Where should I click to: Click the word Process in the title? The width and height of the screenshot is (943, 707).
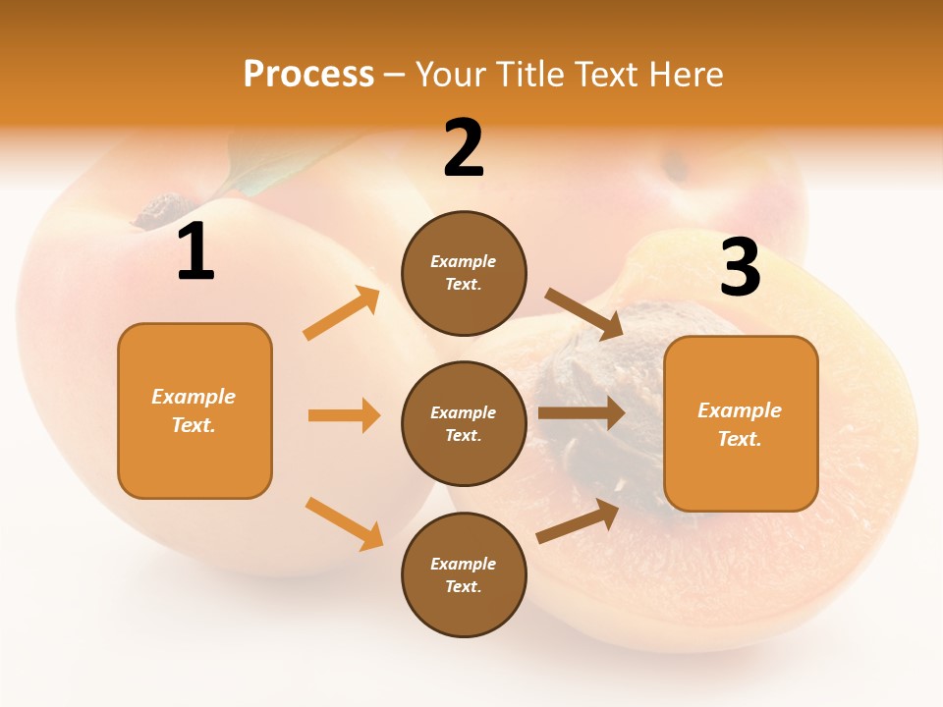coord(308,74)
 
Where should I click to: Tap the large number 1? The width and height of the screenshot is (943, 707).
coord(195,252)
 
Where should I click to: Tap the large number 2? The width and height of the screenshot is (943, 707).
coord(464,148)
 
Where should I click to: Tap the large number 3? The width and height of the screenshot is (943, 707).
coord(740,267)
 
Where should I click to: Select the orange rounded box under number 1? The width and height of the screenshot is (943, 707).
coord(194,410)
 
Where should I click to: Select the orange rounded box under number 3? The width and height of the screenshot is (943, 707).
coord(741,423)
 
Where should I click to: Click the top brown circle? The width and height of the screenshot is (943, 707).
coord(464,273)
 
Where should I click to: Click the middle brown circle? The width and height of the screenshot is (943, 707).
coord(464,423)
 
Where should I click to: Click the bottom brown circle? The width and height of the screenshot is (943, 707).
coord(464,574)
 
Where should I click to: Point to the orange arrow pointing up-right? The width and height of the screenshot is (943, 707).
coord(342,313)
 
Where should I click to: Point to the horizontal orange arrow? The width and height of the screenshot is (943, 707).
coord(344,415)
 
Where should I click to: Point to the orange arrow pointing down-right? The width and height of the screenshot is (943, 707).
coord(344,522)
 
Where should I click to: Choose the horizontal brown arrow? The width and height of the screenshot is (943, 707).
coord(581,413)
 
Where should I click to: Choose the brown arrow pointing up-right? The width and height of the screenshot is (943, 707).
coord(578,521)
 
